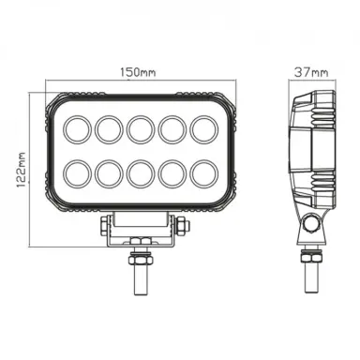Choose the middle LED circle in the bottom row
tap(142, 174)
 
